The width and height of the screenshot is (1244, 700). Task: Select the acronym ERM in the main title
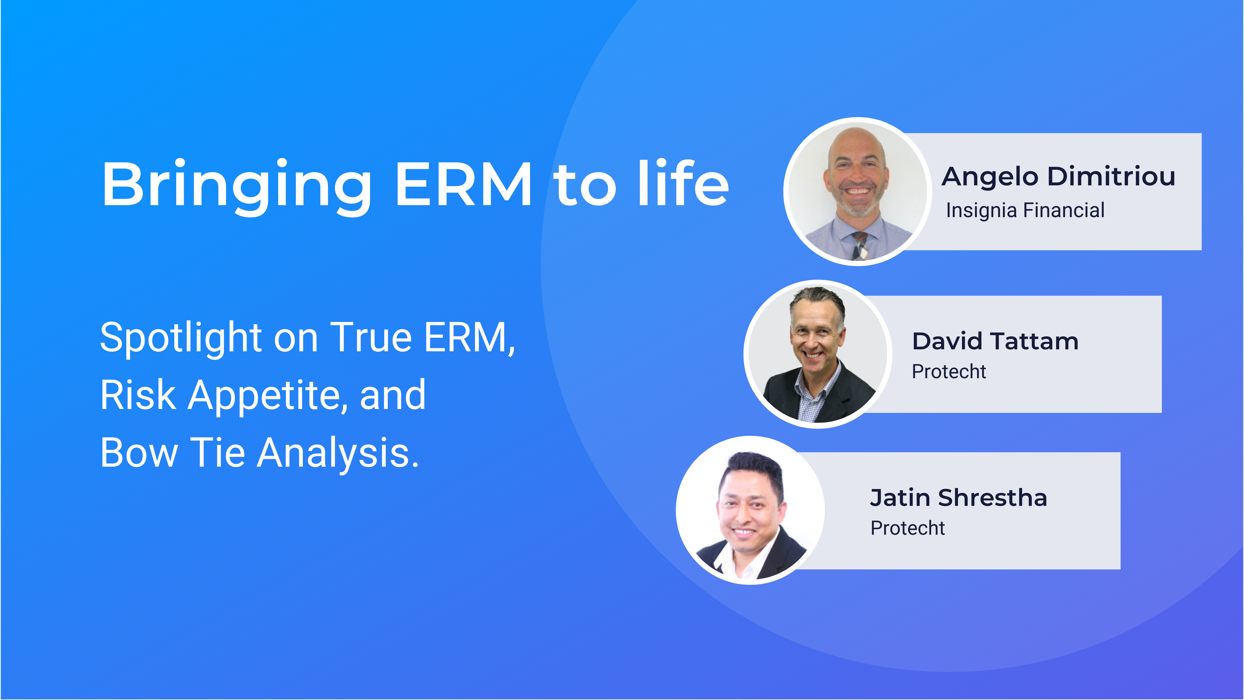click(464, 184)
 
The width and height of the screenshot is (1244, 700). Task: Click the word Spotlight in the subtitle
click(181, 338)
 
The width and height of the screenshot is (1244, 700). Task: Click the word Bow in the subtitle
click(139, 453)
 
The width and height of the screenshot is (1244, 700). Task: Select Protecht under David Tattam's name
click(949, 371)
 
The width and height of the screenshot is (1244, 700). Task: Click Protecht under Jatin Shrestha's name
click(907, 528)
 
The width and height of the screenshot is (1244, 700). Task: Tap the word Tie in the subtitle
click(218, 453)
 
